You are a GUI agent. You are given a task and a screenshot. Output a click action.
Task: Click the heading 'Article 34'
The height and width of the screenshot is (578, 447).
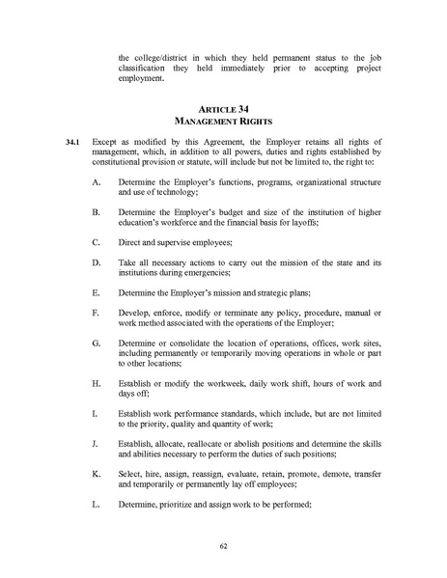click(223, 109)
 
